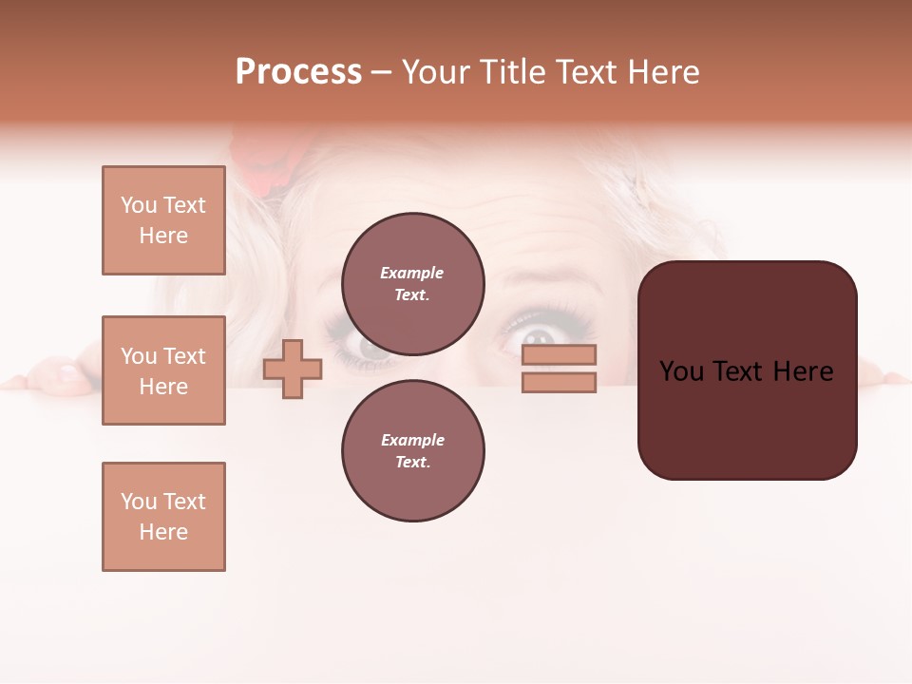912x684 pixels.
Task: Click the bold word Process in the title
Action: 298,72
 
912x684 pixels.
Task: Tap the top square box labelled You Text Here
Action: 163,220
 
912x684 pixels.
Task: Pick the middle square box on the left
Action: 163,370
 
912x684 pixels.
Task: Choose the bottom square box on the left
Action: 163,517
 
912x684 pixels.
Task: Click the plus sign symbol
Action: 293,369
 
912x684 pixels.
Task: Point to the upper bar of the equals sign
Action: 559,355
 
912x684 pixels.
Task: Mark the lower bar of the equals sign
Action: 559,382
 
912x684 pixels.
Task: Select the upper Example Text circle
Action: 412,283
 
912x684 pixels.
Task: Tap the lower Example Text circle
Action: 412,450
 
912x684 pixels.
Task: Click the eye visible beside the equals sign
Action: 539,337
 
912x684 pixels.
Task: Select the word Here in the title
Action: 665,72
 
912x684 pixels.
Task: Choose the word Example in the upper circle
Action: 412,273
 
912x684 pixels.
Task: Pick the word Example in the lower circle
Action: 412,440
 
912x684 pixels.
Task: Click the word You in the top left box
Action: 139,205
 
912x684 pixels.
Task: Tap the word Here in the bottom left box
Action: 163,532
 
